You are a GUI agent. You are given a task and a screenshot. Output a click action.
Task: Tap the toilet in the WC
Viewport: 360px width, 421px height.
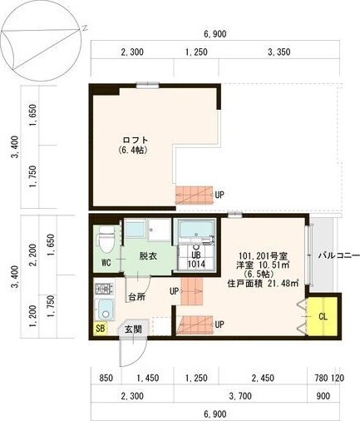click(x=105, y=238)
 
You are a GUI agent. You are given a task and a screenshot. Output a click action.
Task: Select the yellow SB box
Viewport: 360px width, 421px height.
click(x=101, y=329)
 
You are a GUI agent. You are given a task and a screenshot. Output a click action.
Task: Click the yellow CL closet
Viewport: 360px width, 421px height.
click(x=323, y=316)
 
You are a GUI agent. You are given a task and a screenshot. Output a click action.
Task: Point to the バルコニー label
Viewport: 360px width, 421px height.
click(x=338, y=255)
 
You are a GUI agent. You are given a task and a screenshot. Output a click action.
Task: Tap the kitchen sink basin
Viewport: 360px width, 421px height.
click(x=104, y=310)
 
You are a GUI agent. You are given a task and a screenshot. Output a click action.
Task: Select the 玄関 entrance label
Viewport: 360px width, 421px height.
click(x=133, y=329)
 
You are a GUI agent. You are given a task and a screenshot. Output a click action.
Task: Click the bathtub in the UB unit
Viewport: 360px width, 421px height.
click(x=196, y=229)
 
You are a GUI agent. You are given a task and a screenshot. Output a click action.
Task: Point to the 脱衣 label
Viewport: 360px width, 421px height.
click(x=148, y=255)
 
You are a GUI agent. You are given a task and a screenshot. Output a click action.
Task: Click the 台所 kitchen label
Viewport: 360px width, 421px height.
click(x=137, y=297)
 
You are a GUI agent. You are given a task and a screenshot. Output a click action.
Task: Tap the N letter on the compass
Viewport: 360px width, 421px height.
click(x=85, y=27)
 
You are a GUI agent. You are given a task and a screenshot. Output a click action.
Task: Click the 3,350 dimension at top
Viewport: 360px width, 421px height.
click(x=279, y=52)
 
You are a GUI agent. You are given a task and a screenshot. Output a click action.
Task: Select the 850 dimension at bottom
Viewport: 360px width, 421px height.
click(x=106, y=378)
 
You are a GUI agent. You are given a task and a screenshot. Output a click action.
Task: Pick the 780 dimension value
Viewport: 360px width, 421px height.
click(x=322, y=378)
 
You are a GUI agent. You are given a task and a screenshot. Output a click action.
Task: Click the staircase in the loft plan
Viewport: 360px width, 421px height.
click(x=195, y=195)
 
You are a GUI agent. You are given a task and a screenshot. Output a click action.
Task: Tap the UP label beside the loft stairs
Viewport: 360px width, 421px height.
click(x=219, y=195)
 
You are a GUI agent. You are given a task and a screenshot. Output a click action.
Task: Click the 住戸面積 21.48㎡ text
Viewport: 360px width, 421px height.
click(x=263, y=284)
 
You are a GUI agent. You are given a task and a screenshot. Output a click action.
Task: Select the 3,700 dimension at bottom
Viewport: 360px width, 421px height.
click(x=240, y=396)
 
